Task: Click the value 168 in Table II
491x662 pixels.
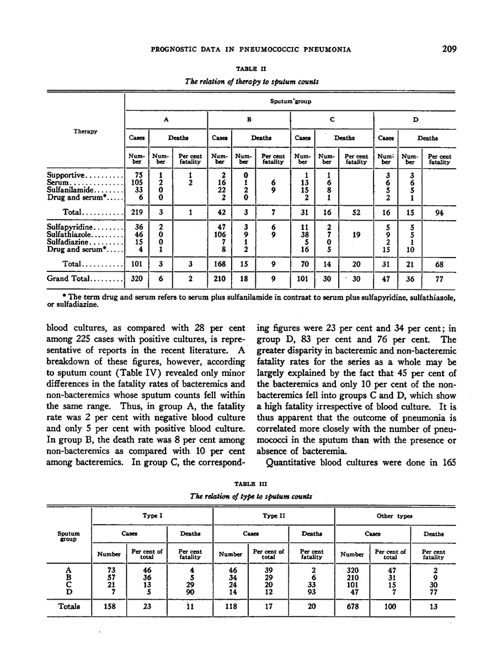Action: pos(220,264)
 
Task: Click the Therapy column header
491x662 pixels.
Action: pos(86,131)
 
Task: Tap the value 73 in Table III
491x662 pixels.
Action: pos(109,568)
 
